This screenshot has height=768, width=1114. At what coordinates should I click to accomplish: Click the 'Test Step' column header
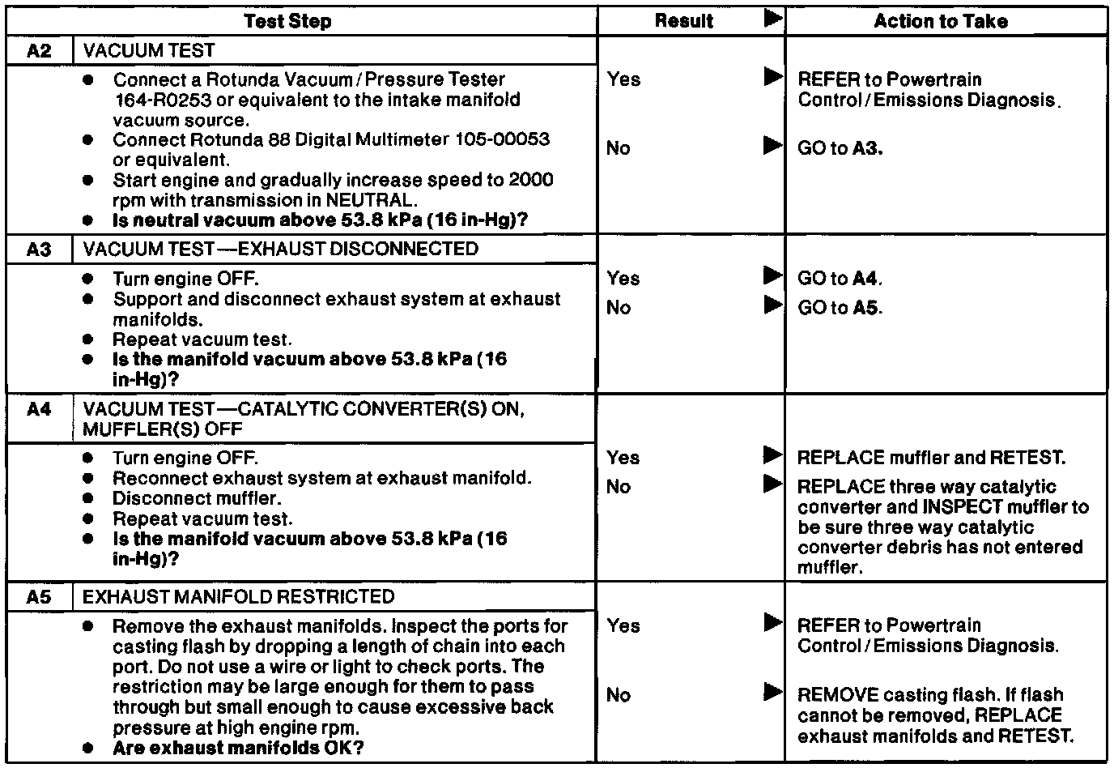coord(287,21)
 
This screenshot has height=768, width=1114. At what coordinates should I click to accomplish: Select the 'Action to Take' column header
coord(941,21)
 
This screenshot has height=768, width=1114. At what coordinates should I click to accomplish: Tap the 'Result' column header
coord(684,21)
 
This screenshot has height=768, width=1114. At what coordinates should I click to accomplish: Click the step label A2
coord(39,51)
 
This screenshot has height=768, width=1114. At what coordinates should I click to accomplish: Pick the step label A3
coord(39,250)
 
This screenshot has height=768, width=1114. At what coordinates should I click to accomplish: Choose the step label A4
coord(39,409)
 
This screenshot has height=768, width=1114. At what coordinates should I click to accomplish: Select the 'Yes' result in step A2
coord(623,79)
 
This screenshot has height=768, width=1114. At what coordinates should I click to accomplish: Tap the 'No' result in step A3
coord(619,308)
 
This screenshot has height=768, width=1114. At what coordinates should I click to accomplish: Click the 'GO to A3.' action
coord(840,148)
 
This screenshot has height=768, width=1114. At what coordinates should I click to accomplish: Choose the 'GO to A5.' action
coord(840,308)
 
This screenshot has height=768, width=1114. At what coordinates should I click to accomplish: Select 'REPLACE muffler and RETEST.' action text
coord(931,458)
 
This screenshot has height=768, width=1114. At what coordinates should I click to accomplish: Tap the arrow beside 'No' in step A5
coord(773,693)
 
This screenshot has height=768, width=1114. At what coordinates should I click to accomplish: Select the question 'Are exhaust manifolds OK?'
coord(237,748)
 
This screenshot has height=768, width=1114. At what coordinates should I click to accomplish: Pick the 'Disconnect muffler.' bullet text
coord(197,499)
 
